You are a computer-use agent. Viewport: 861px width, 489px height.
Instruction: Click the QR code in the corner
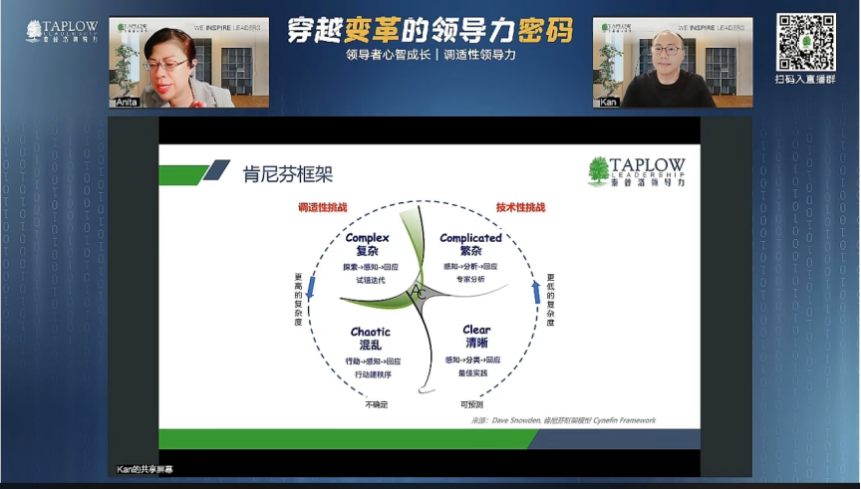pos(805,42)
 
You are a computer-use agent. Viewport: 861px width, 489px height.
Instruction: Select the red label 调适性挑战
pos(323,207)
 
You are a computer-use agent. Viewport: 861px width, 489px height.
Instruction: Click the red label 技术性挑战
pos(520,207)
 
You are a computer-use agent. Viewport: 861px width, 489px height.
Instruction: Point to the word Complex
pos(367,238)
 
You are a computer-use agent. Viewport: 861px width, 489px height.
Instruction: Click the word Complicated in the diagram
pos(470,238)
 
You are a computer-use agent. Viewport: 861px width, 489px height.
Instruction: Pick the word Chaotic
pos(371,332)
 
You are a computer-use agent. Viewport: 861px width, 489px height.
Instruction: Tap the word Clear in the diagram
pos(476,330)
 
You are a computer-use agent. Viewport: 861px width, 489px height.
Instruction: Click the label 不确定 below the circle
pos(376,404)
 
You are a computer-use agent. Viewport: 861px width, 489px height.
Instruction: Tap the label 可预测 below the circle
pos(471,404)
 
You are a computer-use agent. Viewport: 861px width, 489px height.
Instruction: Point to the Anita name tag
pos(128,102)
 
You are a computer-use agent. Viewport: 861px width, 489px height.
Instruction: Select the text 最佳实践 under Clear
pos(473,373)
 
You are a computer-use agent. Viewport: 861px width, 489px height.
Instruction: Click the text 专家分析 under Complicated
pos(470,280)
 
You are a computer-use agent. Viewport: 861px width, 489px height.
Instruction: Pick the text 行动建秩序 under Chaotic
pos(373,374)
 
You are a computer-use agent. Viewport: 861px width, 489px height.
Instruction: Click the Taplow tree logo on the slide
pos(598,171)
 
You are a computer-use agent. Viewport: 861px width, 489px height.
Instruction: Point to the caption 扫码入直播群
pos(805,80)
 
